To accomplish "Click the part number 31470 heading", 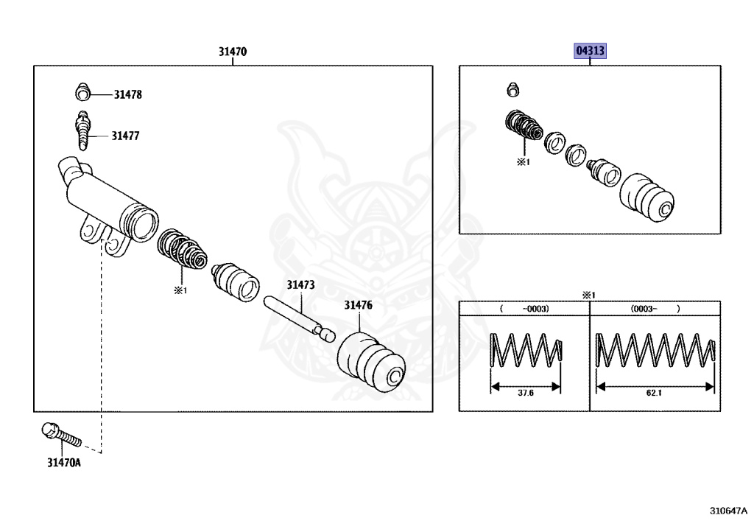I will [x=232, y=52].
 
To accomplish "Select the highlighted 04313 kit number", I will [x=591, y=52].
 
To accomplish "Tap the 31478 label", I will [x=127, y=95].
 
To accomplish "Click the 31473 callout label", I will [x=300, y=284].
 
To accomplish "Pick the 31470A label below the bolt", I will [x=63, y=463].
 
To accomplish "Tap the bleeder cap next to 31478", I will [x=83, y=94].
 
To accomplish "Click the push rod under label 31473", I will [x=298, y=318].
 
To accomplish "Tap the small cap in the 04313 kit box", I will [x=513, y=90].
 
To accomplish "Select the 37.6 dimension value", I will [x=525, y=393].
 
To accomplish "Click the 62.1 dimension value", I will [x=654, y=393].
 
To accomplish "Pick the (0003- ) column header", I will [x=655, y=310].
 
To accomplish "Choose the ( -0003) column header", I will [x=524, y=310].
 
